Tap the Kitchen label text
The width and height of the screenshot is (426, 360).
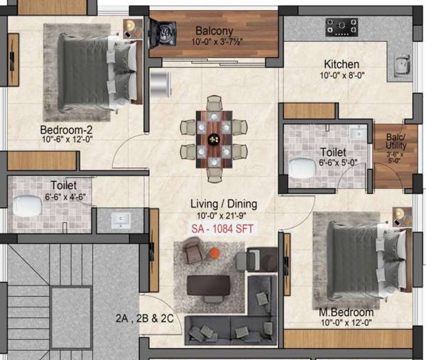click(x=342, y=64)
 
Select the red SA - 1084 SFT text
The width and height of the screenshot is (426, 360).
click(x=222, y=229)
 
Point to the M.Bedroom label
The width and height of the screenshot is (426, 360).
click(x=346, y=313)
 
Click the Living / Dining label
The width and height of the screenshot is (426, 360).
click(x=224, y=204)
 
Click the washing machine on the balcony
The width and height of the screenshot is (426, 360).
click(x=165, y=33)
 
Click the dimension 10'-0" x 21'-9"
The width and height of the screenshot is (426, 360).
click(x=223, y=217)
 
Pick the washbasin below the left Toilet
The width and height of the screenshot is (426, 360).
click(x=118, y=220)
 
